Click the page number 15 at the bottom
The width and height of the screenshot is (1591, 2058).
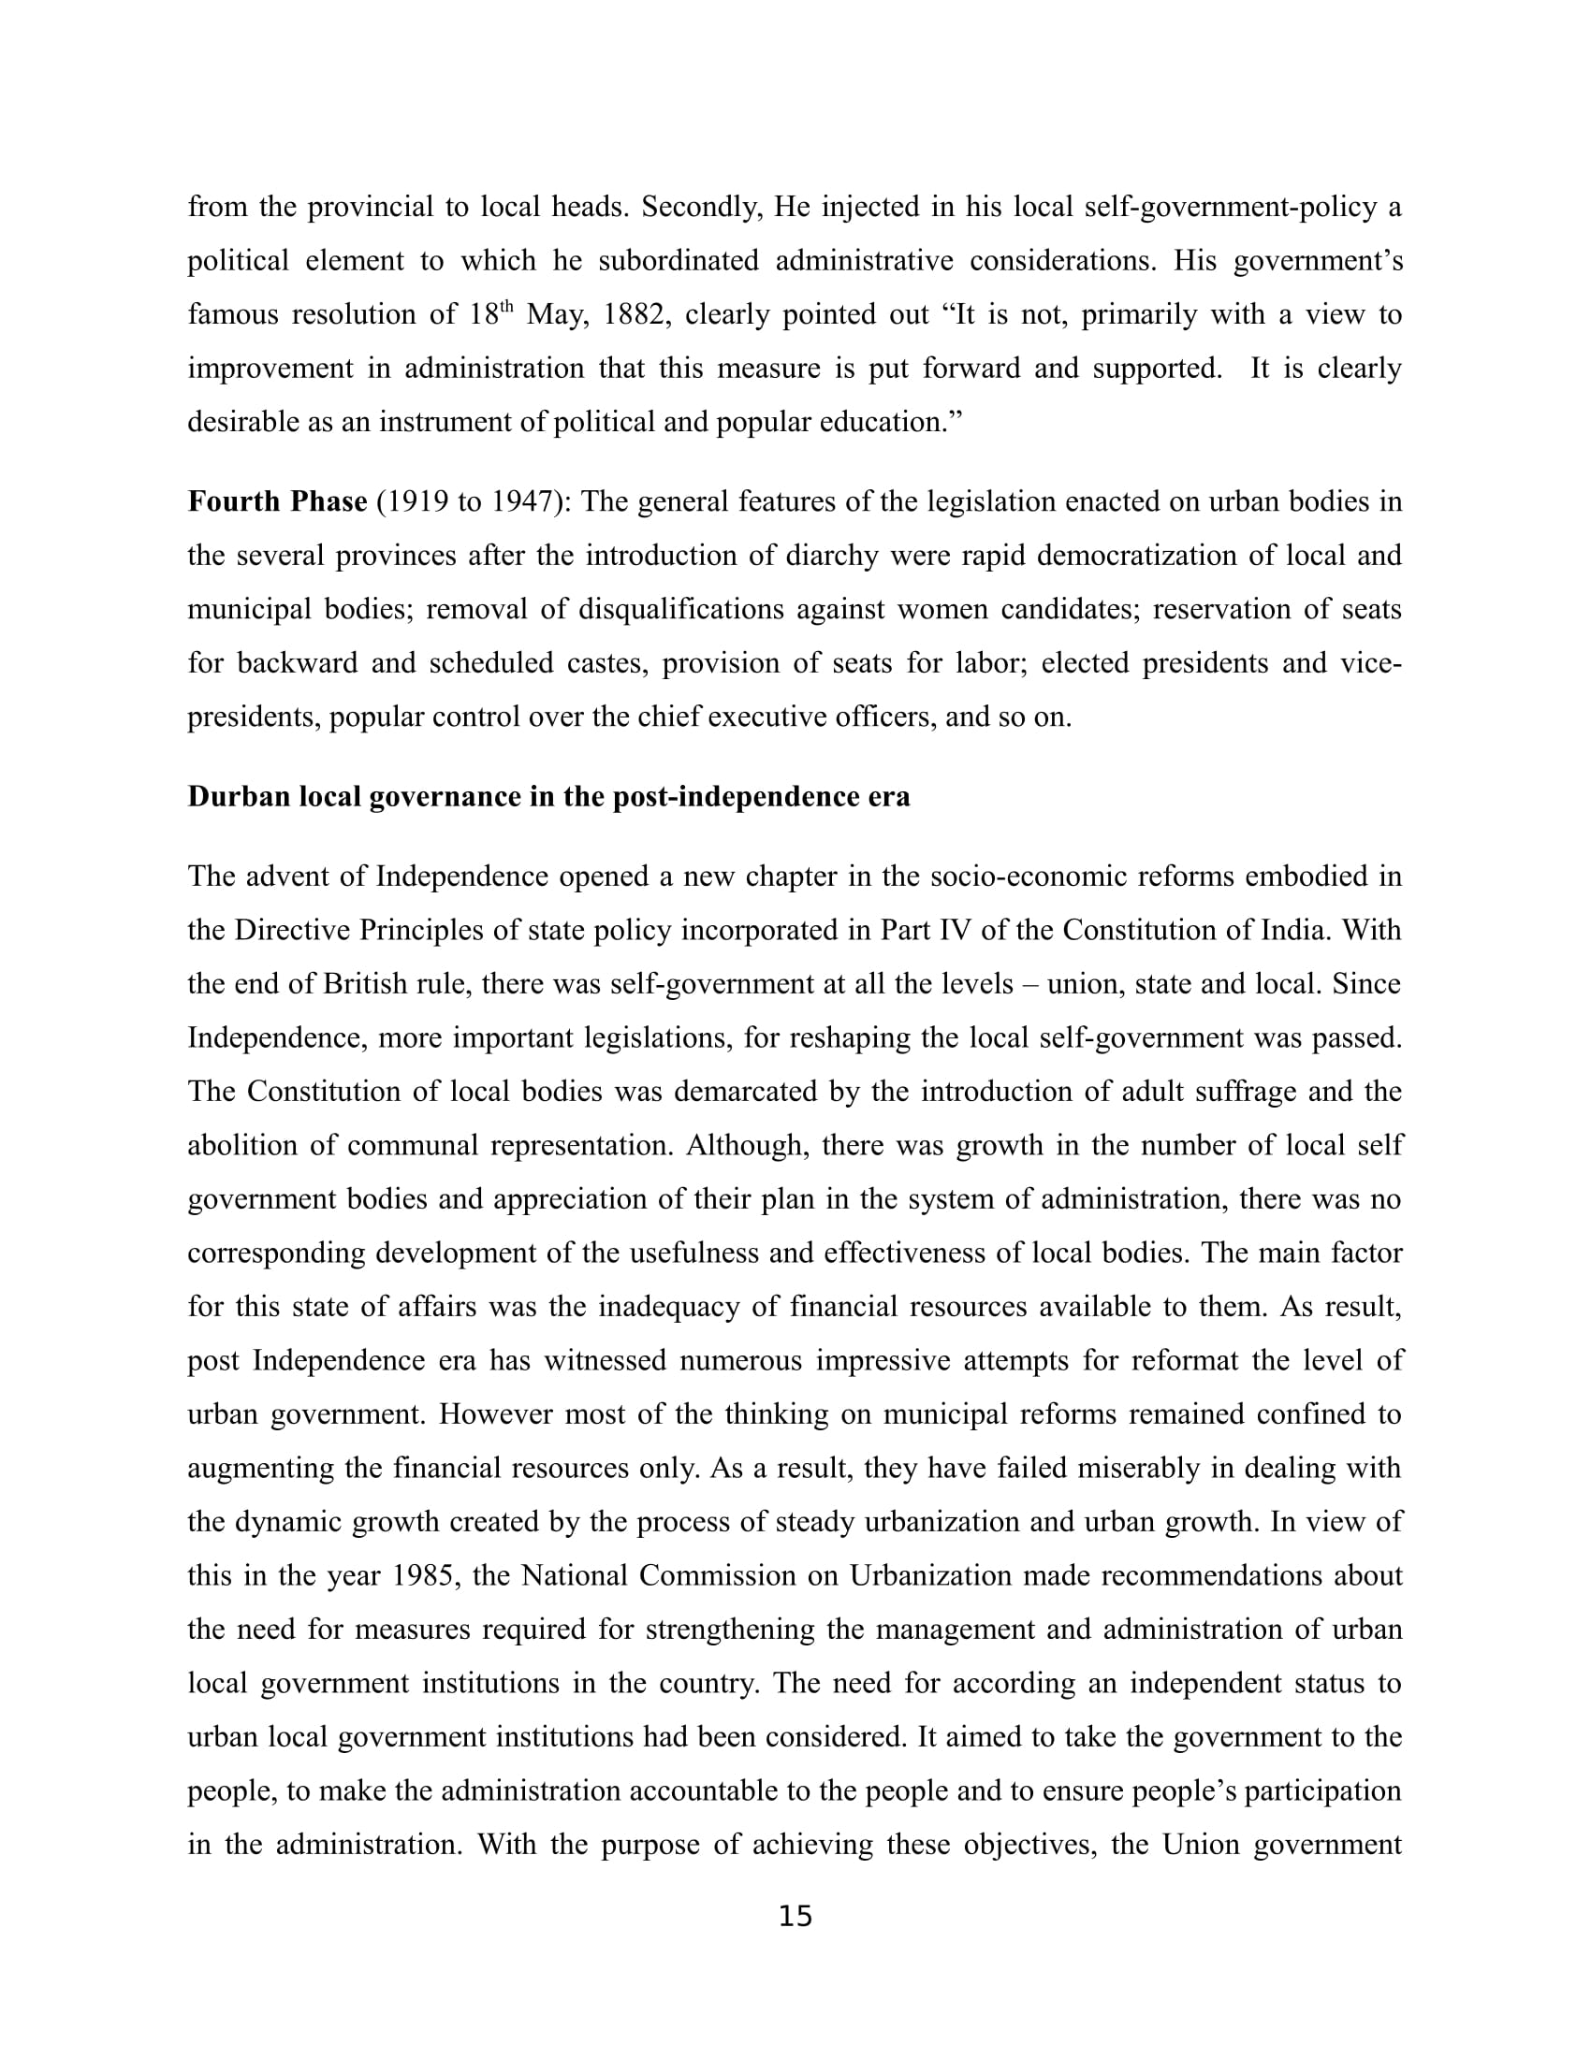tap(795, 1916)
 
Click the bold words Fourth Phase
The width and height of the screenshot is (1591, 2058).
tap(277, 501)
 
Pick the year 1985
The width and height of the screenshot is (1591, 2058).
tap(421, 1575)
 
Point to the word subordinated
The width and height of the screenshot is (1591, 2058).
tap(679, 261)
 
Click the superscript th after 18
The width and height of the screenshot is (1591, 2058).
tap(506, 306)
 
